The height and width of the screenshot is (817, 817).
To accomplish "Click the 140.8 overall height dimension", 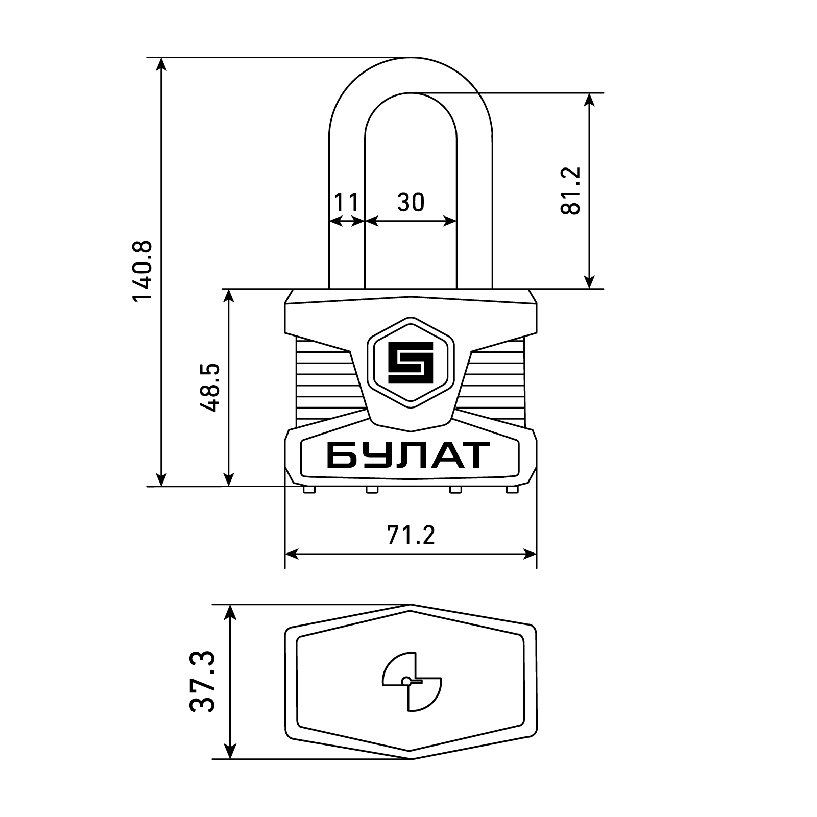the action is [x=142, y=271].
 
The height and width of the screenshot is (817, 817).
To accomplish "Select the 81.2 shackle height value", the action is [x=570, y=190].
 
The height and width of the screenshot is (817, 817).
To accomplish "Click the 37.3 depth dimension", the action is [x=203, y=682].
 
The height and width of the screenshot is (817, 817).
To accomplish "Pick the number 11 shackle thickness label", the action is [x=347, y=202].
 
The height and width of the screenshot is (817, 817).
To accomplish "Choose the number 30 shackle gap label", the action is [x=411, y=202].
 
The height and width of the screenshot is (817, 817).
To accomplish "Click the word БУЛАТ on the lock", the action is [x=408, y=455].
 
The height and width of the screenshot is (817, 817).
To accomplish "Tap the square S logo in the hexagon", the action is [x=411, y=363].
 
